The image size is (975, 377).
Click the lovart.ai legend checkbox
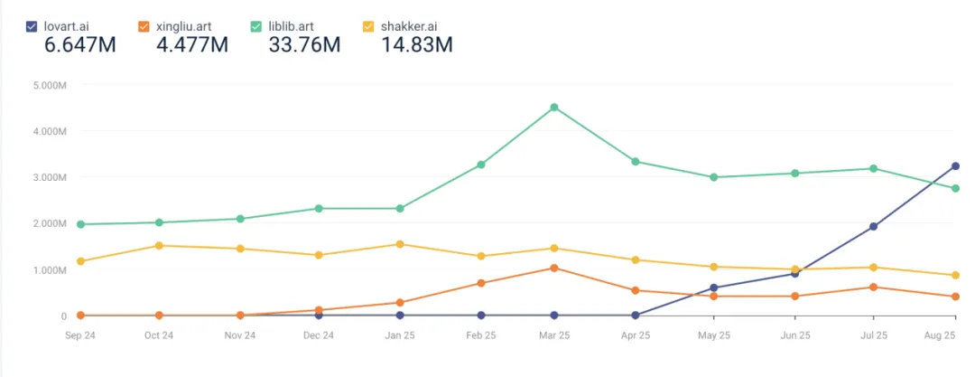click(32, 26)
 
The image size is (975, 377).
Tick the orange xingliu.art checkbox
click(144, 26)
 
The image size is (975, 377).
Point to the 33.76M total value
click(302, 44)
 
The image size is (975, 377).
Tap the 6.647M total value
click(79, 44)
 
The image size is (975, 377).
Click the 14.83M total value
click(415, 44)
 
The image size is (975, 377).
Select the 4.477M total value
click(191, 44)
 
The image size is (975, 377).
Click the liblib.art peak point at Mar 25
click(554, 108)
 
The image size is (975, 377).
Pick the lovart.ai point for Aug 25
click(955, 166)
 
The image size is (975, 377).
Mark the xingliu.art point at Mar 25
click(554, 268)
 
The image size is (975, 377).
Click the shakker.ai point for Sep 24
click(80, 261)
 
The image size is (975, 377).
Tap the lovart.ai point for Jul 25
click(874, 227)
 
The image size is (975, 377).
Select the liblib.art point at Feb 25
click(481, 165)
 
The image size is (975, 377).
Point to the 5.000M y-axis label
click(49, 85)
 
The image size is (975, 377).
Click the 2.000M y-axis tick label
click(49, 223)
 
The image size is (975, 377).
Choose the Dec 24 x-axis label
click(320, 335)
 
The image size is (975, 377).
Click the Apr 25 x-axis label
click(636, 335)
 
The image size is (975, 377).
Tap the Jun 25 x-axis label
click(794, 335)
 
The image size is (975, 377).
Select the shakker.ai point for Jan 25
click(399, 244)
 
